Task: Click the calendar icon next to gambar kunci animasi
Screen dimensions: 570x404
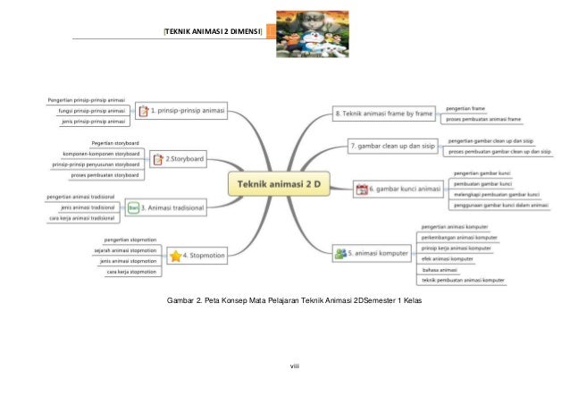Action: coord(361,189)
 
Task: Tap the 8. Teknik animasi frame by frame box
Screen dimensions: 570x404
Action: coord(383,114)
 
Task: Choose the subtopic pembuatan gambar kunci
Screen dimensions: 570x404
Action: coord(482,183)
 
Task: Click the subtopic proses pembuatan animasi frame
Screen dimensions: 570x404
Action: coord(483,118)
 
